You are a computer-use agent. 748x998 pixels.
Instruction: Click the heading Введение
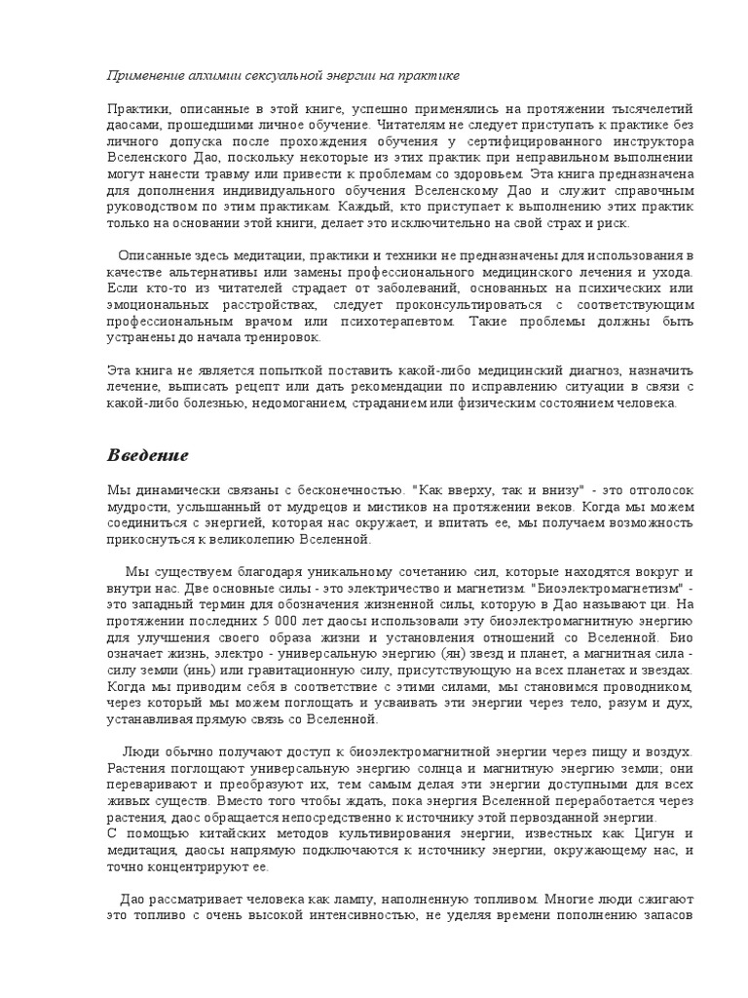(147, 456)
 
